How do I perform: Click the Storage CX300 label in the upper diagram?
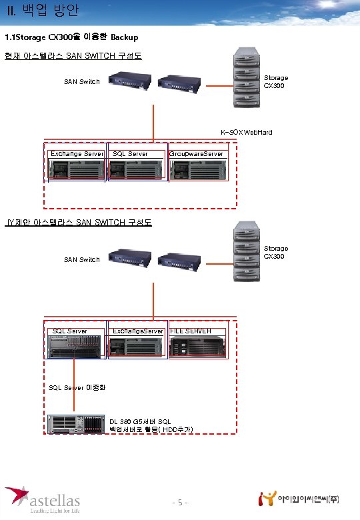[276, 82]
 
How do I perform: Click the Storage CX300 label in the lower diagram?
[276, 252]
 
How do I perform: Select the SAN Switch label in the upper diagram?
[81, 82]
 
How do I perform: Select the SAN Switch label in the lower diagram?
[81, 259]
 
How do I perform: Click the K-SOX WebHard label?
[247, 132]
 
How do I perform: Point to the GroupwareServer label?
[196, 154]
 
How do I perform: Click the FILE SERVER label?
[191, 331]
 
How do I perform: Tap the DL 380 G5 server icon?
[77, 425]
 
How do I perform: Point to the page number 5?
[179, 502]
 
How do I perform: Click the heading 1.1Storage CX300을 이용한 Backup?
[71, 37]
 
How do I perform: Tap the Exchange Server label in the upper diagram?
[77, 154]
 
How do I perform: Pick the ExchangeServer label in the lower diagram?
[138, 331]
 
